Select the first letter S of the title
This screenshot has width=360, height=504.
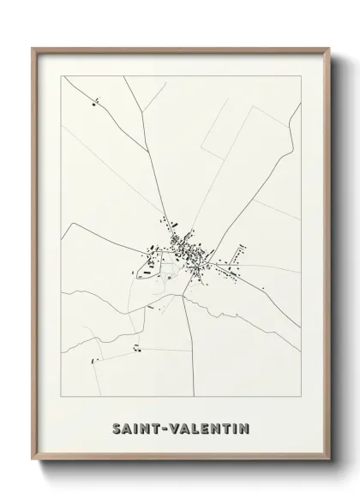115,426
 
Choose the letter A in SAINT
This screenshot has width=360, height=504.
127,426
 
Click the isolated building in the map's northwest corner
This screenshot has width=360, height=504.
94,105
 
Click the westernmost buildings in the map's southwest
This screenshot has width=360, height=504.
96,358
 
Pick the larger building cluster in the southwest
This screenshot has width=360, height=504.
135,347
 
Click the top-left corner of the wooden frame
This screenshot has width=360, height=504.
34,48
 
